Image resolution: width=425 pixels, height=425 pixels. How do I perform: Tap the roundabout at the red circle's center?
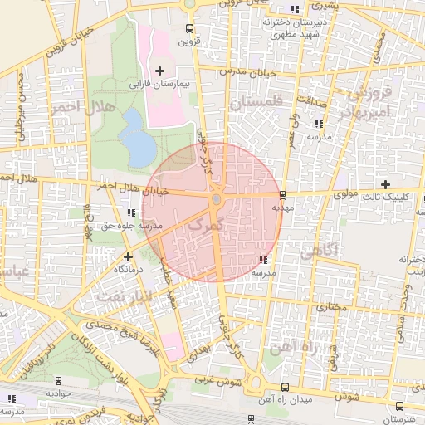point(217,200)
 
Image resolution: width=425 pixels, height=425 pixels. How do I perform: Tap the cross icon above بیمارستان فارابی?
point(160,71)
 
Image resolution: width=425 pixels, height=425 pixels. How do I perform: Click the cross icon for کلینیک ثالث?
point(385,183)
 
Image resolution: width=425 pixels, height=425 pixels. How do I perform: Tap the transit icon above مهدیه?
point(283,196)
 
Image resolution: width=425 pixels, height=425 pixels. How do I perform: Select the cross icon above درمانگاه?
point(128,256)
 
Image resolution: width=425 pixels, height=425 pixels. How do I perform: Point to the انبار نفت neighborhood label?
point(125,295)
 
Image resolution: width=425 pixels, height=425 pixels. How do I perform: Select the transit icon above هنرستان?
point(400,405)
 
